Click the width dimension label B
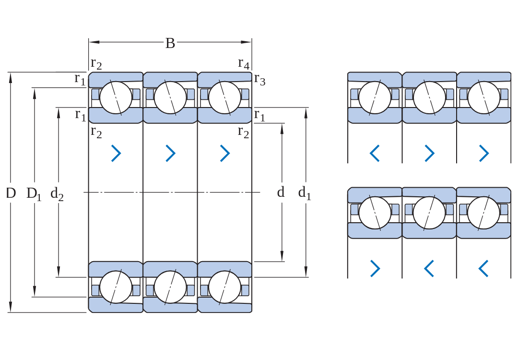(170, 43)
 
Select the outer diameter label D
(11, 193)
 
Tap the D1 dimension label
(34, 194)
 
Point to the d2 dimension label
(57, 193)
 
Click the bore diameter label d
(281, 192)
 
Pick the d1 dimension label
(305, 193)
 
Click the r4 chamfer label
(244, 63)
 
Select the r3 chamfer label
(259, 80)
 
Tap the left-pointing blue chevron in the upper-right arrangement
(375, 153)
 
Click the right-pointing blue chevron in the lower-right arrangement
(375, 268)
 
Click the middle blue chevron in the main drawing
(170, 153)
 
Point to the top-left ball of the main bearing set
(116, 98)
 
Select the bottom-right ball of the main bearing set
(224, 287)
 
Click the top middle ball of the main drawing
(170, 98)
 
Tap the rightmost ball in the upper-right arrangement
(483, 98)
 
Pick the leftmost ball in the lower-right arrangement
(375, 213)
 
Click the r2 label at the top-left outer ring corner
(96, 63)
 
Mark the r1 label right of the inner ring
(259, 115)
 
